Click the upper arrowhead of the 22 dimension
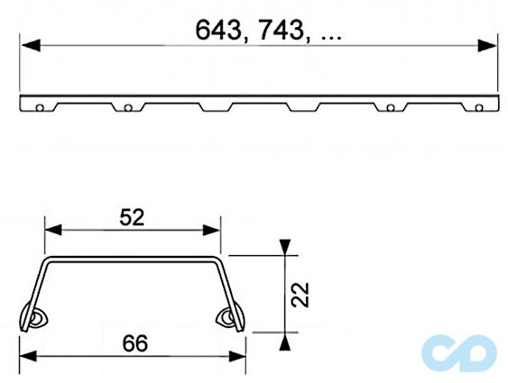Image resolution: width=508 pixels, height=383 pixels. click(x=285, y=246)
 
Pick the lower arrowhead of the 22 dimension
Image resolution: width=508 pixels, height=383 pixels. click(x=285, y=340)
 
